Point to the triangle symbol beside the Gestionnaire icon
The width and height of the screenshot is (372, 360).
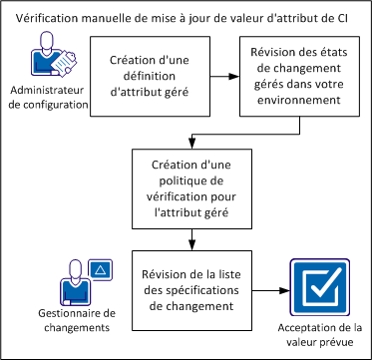(x=100, y=270)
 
